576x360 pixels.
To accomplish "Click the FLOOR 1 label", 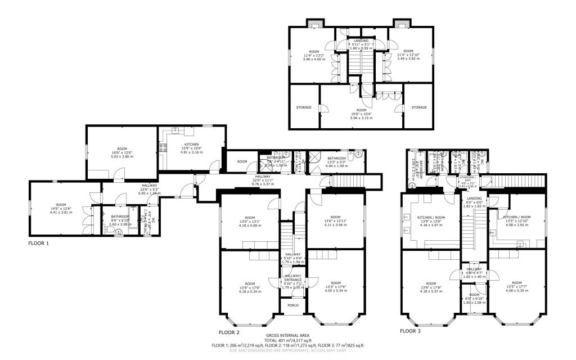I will coord(39,244).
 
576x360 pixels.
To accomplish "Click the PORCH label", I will coord(292,306).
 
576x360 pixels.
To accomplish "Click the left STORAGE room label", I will coord(304,107).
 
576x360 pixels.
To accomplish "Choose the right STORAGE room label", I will coord(418,107).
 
